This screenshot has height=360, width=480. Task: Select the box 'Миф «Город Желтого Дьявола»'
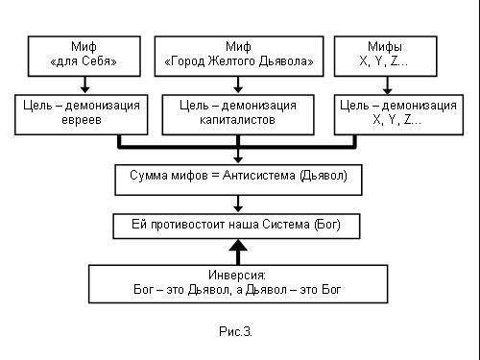tap(237, 56)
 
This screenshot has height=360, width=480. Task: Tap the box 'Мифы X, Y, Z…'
tap(385, 56)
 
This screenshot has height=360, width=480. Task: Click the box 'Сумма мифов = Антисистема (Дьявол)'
tap(237, 179)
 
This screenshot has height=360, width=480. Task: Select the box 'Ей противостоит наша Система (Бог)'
tap(237, 227)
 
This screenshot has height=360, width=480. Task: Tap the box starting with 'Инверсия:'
tap(237, 281)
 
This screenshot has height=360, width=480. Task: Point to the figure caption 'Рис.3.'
tap(235, 332)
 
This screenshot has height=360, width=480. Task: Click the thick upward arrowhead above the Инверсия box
tap(237, 247)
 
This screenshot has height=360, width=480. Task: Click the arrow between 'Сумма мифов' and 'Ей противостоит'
tap(237, 203)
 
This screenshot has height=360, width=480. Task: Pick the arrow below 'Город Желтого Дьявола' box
tap(237, 84)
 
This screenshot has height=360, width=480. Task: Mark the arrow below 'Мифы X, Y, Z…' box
tap(385, 84)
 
